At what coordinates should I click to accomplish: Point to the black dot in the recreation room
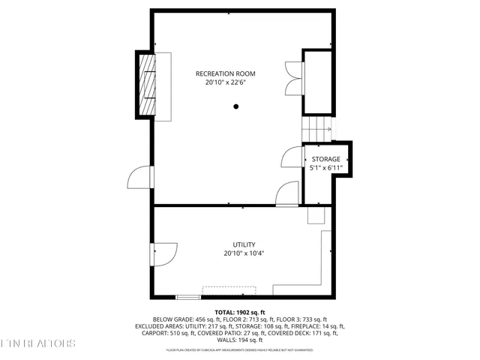235,106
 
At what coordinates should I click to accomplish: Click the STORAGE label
326,159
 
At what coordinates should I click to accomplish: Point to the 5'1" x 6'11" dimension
326,169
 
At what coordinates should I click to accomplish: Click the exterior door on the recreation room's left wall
139,178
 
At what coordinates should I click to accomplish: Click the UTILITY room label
244,244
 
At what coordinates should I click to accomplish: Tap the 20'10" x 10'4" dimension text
244,253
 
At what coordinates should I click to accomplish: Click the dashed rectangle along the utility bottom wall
229,290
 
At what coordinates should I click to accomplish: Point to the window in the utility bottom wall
187,296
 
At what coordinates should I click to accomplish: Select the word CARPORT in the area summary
167,334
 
